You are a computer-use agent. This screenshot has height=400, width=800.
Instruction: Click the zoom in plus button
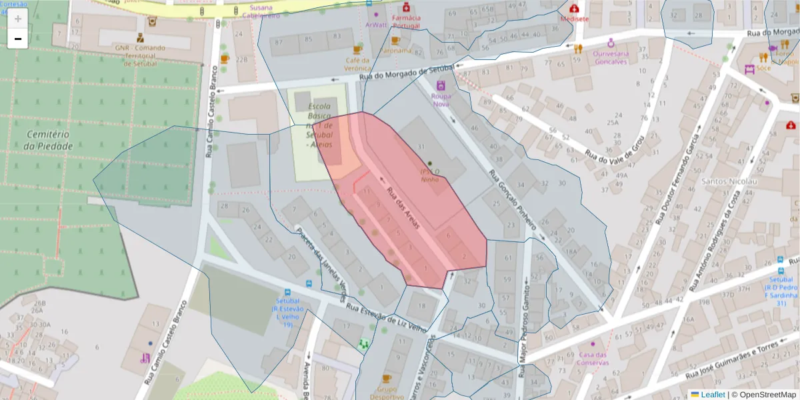click(x=18, y=19)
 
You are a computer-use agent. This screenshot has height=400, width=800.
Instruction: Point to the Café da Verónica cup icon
click(x=357, y=50)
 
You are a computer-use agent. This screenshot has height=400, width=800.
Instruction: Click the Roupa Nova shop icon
click(x=441, y=85)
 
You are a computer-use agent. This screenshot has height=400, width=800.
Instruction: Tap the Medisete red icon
click(x=574, y=9)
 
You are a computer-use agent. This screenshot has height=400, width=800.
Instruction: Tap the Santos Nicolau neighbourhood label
click(x=729, y=181)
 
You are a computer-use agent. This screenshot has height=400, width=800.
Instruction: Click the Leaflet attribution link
click(x=713, y=395)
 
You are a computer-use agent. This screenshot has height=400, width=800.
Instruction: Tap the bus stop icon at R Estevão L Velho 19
click(x=287, y=292)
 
